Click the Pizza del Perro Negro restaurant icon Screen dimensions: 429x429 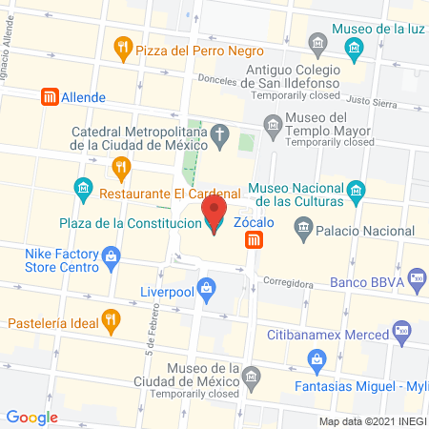[x=121, y=46]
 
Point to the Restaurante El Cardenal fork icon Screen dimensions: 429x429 [x=120, y=170]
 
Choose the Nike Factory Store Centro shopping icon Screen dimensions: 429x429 [x=112, y=255]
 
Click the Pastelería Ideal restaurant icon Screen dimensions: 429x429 [x=112, y=321]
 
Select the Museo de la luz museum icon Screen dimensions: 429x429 [x=354, y=47]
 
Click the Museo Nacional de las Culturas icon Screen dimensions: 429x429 [x=356, y=189]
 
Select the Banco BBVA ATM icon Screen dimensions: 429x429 [x=415, y=277]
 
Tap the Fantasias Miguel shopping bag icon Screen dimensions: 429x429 [x=317, y=358]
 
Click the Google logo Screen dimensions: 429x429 [x=32, y=417]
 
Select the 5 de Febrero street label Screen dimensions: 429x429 [x=151, y=333]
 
